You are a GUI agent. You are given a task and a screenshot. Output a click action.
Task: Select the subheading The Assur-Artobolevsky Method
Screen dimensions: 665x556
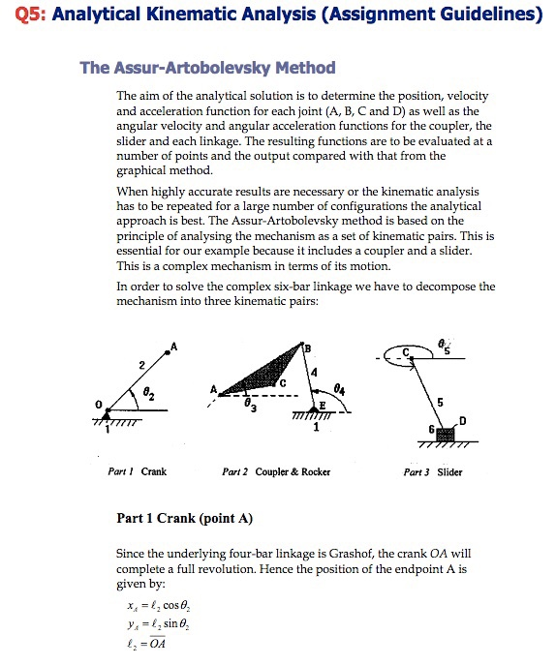[207, 68]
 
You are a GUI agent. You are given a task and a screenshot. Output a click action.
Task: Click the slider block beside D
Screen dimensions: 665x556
[447, 433]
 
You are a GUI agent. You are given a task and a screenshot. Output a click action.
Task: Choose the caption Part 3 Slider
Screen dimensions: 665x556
[433, 472]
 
